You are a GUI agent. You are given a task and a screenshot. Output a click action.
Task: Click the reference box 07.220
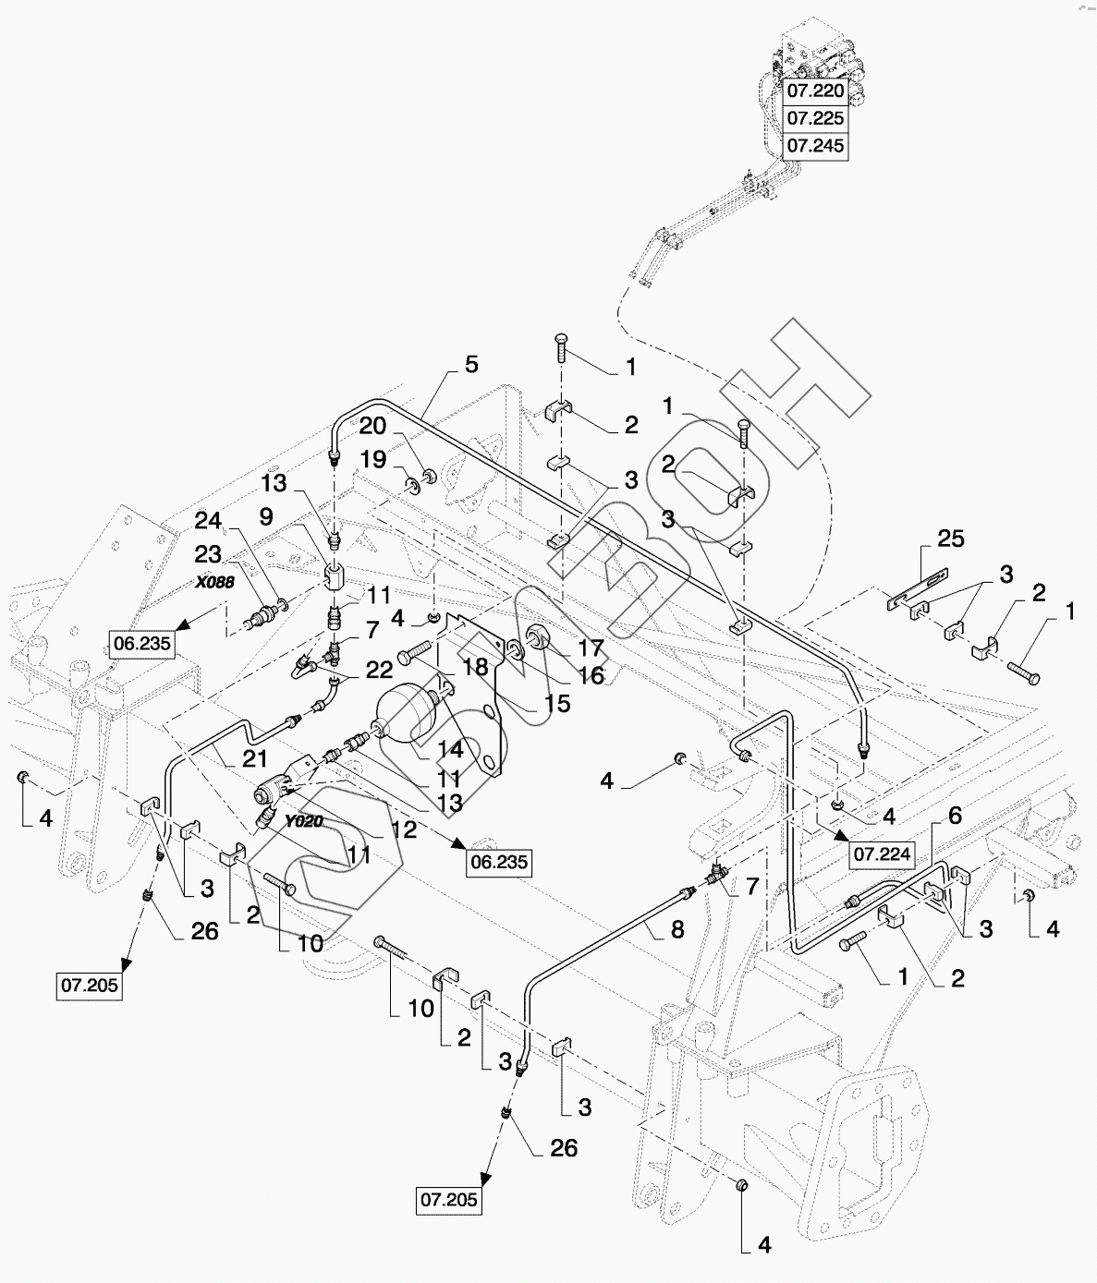pyautogui.click(x=814, y=91)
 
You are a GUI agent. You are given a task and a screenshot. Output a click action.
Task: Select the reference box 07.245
pyautogui.click(x=814, y=146)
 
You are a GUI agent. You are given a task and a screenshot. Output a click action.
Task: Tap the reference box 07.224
pyautogui.click(x=882, y=854)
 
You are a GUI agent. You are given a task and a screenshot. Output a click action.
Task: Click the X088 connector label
pyautogui.click(x=213, y=583)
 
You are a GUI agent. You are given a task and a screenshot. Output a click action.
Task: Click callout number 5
pyautogui.click(x=471, y=365)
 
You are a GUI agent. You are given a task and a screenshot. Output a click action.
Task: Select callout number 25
pyautogui.click(x=950, y=538)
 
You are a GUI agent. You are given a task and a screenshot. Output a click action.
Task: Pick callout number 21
pyautogui.click(x=255, y=759)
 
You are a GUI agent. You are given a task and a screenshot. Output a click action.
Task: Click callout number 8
pyautogui.click(x=677, y=930)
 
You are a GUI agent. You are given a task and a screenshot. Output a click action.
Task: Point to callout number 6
pyautogui.click(x=955, y=814)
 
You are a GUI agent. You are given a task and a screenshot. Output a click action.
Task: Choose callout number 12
pyautogui.click(x=404, y=829)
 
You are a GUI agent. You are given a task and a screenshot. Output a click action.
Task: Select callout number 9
pyautogui.click(x=265, y=518)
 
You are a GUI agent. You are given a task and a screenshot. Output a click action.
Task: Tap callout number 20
pyautogui.click(x=372, y=426)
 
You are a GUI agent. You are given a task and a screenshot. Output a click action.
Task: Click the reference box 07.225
pyautogui.click(x=814, y=118)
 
